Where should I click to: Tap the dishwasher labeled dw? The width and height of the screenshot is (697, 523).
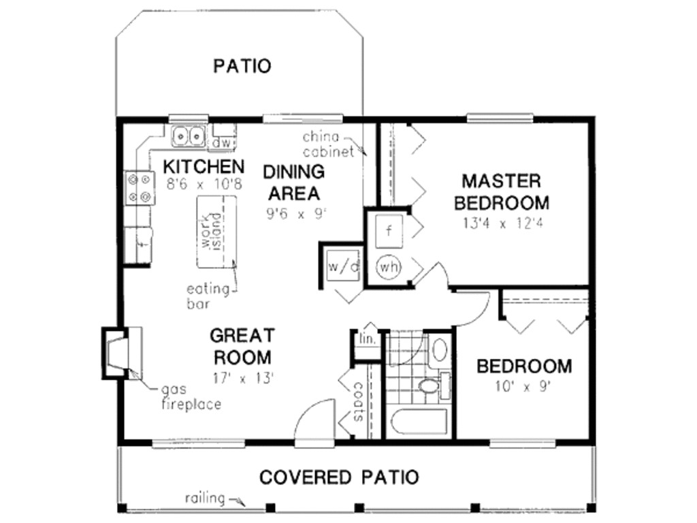pos(224,143)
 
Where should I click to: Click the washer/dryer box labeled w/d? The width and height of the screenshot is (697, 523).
pos(342,266)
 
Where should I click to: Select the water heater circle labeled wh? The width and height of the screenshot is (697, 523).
pos(389,266)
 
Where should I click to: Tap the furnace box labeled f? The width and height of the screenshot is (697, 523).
pos(389,230)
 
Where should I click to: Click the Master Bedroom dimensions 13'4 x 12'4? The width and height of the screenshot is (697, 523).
pos(502,223)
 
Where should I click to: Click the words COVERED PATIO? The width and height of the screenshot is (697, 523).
pos(338,477)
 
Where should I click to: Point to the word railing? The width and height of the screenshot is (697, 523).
pos(205,498)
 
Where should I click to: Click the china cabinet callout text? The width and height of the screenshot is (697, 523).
pos(329,144)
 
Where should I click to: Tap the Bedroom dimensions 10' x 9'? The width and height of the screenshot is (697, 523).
pos(523,386)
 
